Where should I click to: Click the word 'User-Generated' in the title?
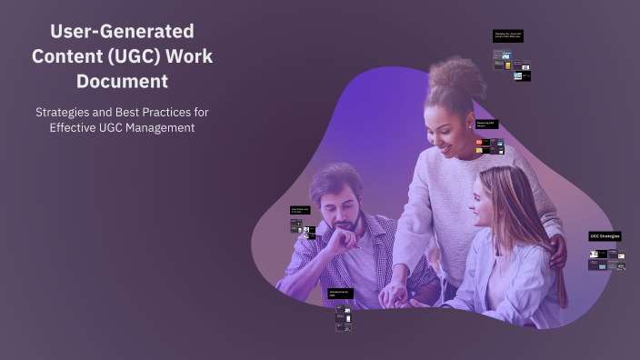click(122, 31)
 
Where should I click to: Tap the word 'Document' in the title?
click(122, 81)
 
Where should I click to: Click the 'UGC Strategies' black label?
click(605, 236)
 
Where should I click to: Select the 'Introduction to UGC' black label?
click(341, 294)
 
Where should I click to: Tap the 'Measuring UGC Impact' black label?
click(486, 125)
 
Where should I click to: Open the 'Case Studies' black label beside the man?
click(301, 210)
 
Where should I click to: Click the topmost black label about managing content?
click(507, 36)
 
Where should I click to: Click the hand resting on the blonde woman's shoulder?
click(556, 251)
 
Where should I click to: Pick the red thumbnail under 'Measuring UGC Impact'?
click(479, 143)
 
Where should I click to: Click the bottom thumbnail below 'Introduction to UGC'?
click(343, 326)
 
